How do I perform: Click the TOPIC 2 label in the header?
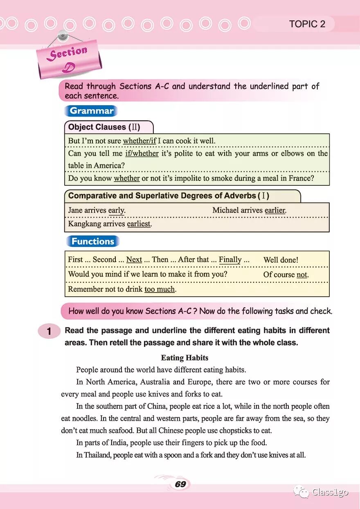click(x=307, y=24)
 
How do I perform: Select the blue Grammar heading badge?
click(x=91, y=111)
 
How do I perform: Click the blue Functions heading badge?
click(x=92, y=241)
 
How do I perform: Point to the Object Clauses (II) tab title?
click(x=104, y=127)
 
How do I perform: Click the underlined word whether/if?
click(x=139, y=141)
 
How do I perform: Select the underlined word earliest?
click(x=139, y=224)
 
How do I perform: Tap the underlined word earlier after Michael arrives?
click(x=275, y=210)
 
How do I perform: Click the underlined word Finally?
click(x=230, y=259)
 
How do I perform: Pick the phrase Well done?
click(x=281, y=260)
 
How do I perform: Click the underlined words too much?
click(x=160, y=289)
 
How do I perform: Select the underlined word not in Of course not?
click(x=302, y=275)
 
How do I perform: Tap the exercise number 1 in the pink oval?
click(x=49, y=331)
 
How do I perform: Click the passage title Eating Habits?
click(x=184, y=358)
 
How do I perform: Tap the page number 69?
click(x=180, y=484)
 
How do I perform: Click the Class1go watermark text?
click(x=330, y=492)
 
